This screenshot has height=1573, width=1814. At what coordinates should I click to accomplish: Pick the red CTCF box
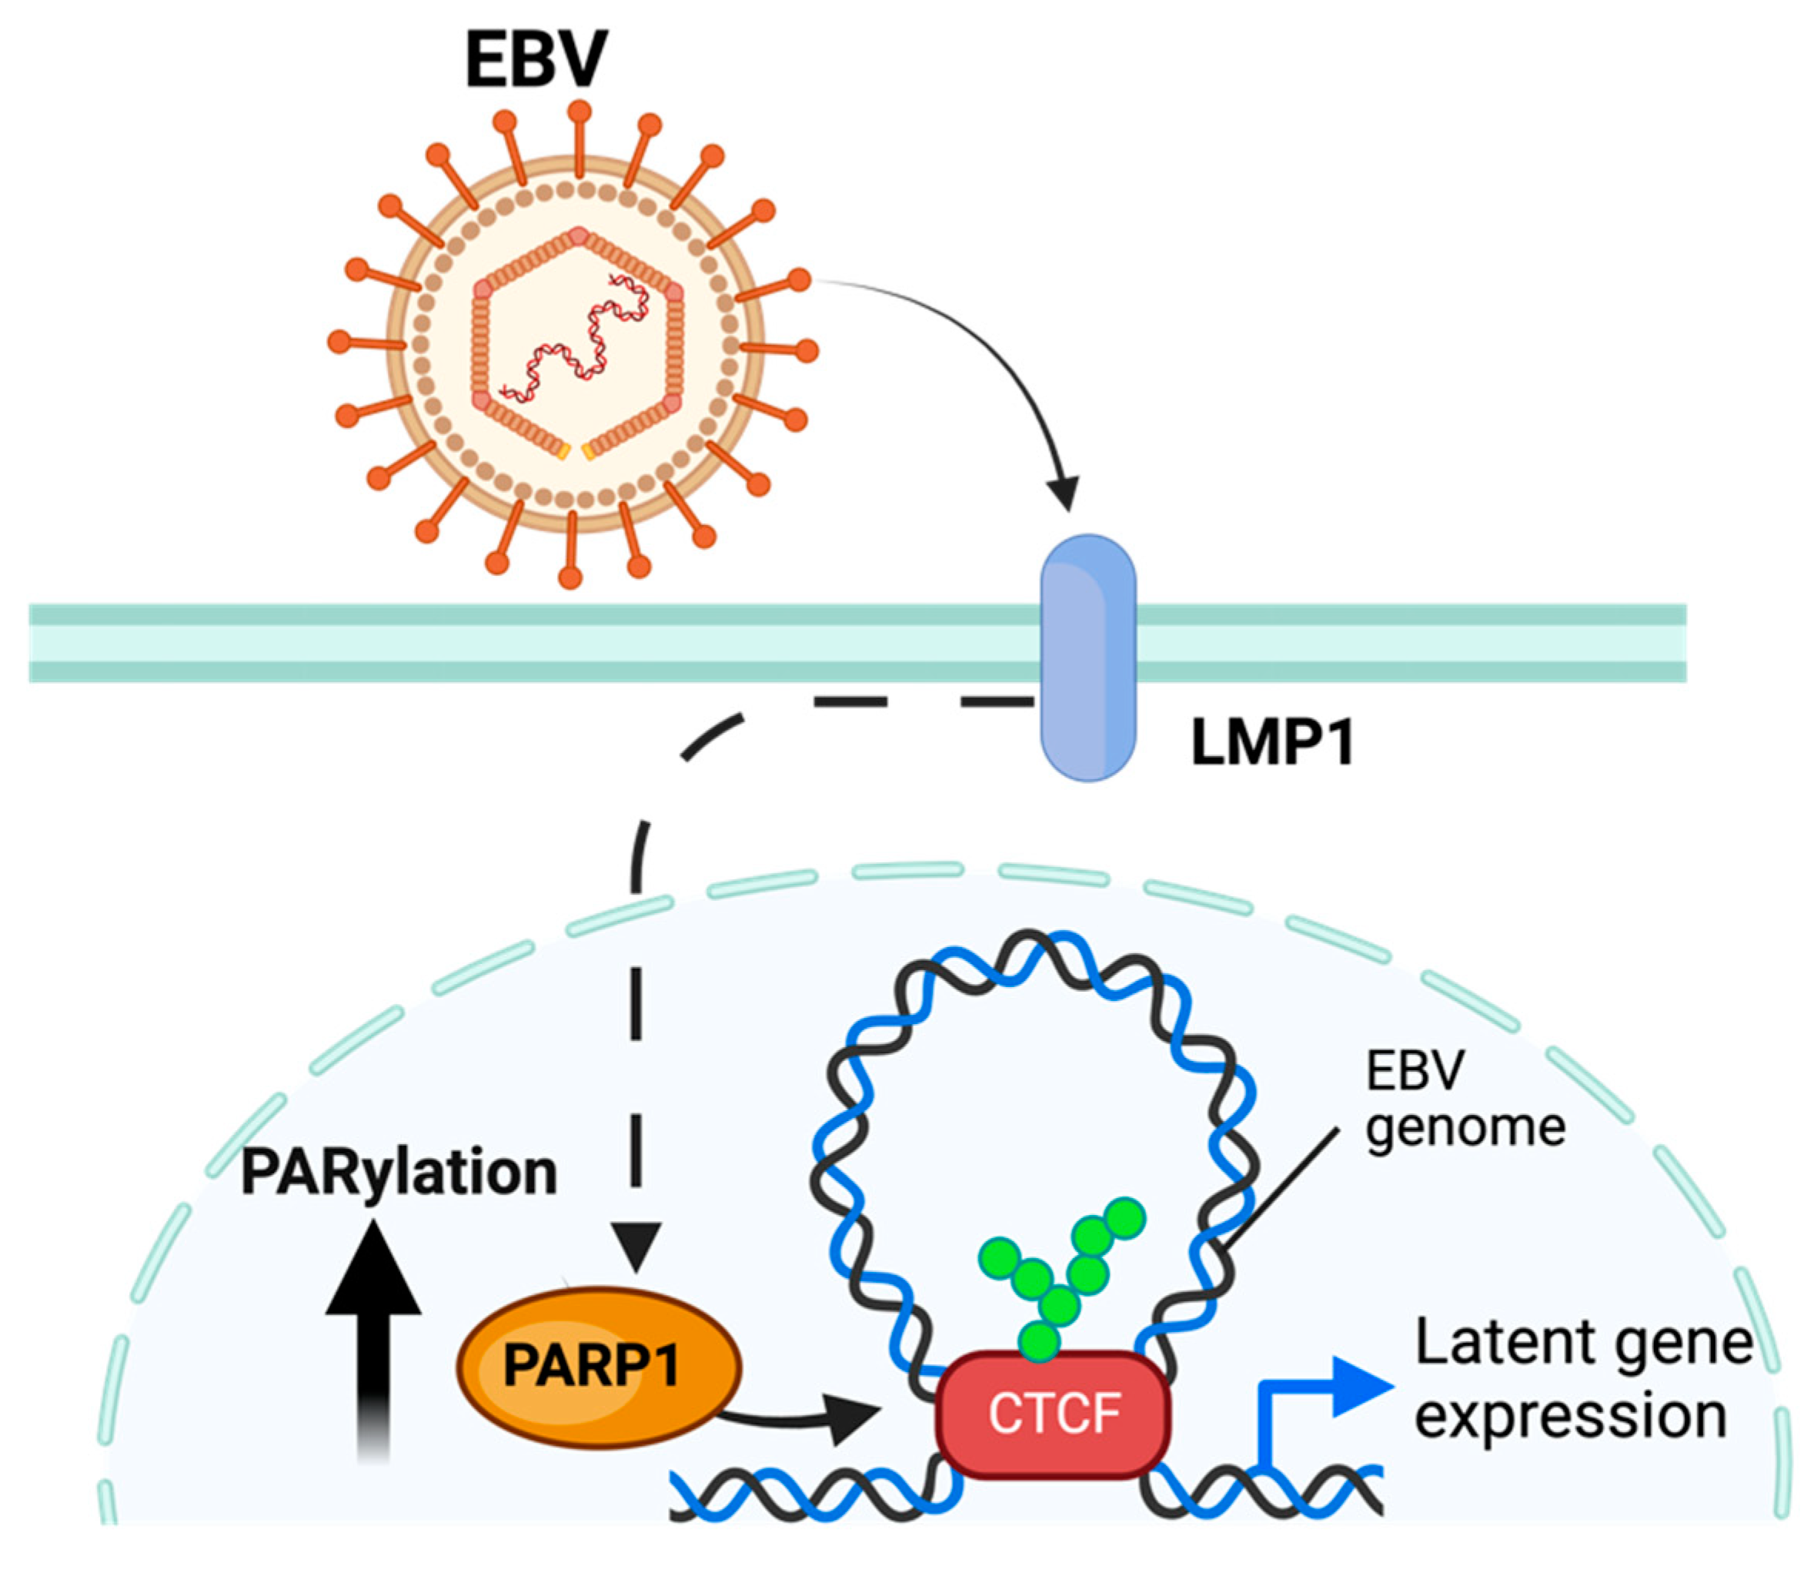click(x=1053, y=1414)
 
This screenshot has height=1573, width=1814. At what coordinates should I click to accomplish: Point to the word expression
click(x=1571, y=1417)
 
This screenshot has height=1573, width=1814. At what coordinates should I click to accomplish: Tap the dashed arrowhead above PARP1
click(x=636, y=1245)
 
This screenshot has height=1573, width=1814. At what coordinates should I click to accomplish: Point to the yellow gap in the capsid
click(x=575, y=452)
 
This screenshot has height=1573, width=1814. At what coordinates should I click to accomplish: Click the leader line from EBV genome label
click(x=1281, y=1185)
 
